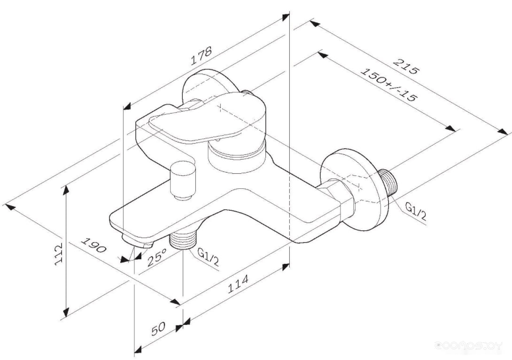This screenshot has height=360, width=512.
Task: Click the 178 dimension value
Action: [x=202, y=56]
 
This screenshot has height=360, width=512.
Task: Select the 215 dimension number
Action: [x=405, y=66]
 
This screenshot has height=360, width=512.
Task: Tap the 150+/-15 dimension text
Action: [x=388, y=84]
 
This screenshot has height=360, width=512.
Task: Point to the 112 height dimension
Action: [x=58, y=253]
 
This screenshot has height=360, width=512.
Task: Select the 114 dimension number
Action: [x=238, y=283]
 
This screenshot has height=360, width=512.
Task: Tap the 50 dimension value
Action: [x=159, y=329]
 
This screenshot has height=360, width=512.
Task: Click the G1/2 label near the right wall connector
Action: [x=416, y=211]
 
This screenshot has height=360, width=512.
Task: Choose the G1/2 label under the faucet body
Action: [x=209, y=257]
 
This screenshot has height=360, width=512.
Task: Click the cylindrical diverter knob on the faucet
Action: [x=183, y=179]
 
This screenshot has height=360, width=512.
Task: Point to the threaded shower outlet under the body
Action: [x=182, y=240]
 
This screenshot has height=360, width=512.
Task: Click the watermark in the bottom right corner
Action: [x=469, y=345]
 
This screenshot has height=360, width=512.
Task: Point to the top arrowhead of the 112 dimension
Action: [x=66, y=190]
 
